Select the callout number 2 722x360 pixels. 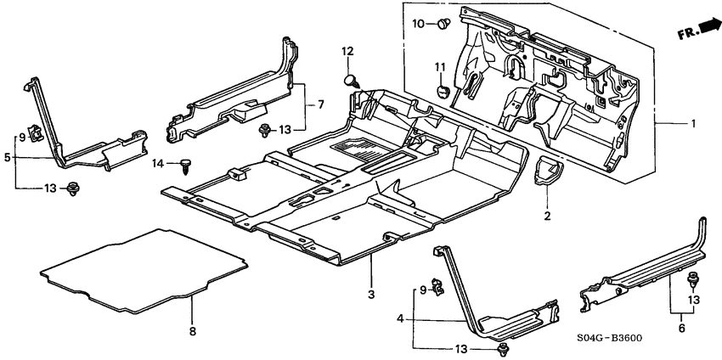coord(547,217)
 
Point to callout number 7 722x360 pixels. coord(321,105)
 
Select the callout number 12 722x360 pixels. coord(347,53)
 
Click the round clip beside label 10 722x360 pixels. coord(444,24)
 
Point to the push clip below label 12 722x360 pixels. coord(350,81)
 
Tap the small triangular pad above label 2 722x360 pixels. coord(545,171)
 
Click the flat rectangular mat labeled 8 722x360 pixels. coord(144,267)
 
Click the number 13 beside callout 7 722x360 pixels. coord(285,129)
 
